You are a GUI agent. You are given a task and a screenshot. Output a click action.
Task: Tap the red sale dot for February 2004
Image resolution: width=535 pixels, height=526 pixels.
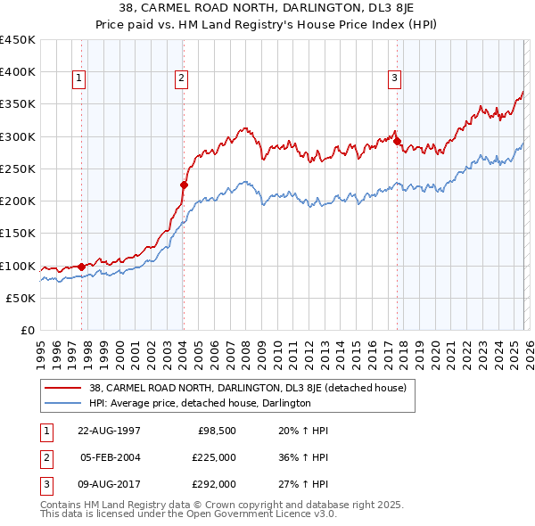[184, 185]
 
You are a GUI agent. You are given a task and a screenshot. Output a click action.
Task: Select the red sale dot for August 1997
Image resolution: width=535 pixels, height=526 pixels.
[81, 267]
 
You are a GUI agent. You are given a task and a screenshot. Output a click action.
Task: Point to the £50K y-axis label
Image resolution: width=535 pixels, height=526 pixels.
[21, 298]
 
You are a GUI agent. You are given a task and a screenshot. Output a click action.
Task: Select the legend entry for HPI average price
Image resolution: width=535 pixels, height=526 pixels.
[199, 404]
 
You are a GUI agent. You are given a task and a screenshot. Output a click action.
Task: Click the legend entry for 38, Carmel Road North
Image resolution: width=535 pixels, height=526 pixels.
[247, 388]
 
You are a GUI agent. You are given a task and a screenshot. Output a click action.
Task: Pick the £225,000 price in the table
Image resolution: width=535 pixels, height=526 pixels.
[214, 457]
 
